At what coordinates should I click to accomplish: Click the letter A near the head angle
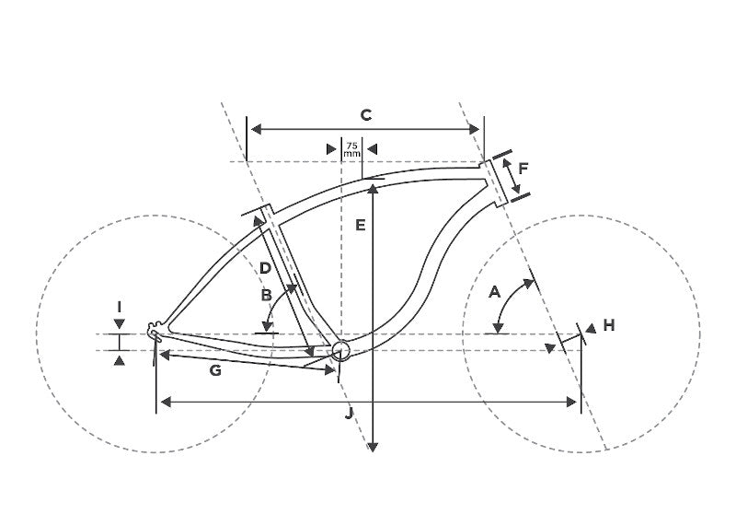point(495,292)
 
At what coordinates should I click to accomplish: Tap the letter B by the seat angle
point(266,295)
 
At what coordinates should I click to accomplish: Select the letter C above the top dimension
point(366,115)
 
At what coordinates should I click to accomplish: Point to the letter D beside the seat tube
point(265,268)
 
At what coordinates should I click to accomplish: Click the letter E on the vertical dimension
point(360,226)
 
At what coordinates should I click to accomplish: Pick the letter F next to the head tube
point(523,168)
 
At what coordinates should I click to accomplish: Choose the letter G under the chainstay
point(215,371)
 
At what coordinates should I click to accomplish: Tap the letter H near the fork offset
point(609,325)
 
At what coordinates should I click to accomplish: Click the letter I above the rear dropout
point(120,308)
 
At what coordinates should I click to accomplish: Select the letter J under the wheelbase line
point(349,415)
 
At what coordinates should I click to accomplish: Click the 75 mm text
point(352,149)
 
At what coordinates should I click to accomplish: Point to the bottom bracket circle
point(341,350)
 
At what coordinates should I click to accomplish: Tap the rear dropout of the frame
point(155,330)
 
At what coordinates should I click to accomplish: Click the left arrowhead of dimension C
point(257,129)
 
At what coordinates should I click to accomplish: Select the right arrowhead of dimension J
point(571,402)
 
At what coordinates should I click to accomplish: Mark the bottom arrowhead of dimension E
point(373,447)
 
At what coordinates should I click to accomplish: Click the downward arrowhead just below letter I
point(120,323)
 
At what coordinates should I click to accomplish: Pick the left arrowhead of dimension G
point(165,355)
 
